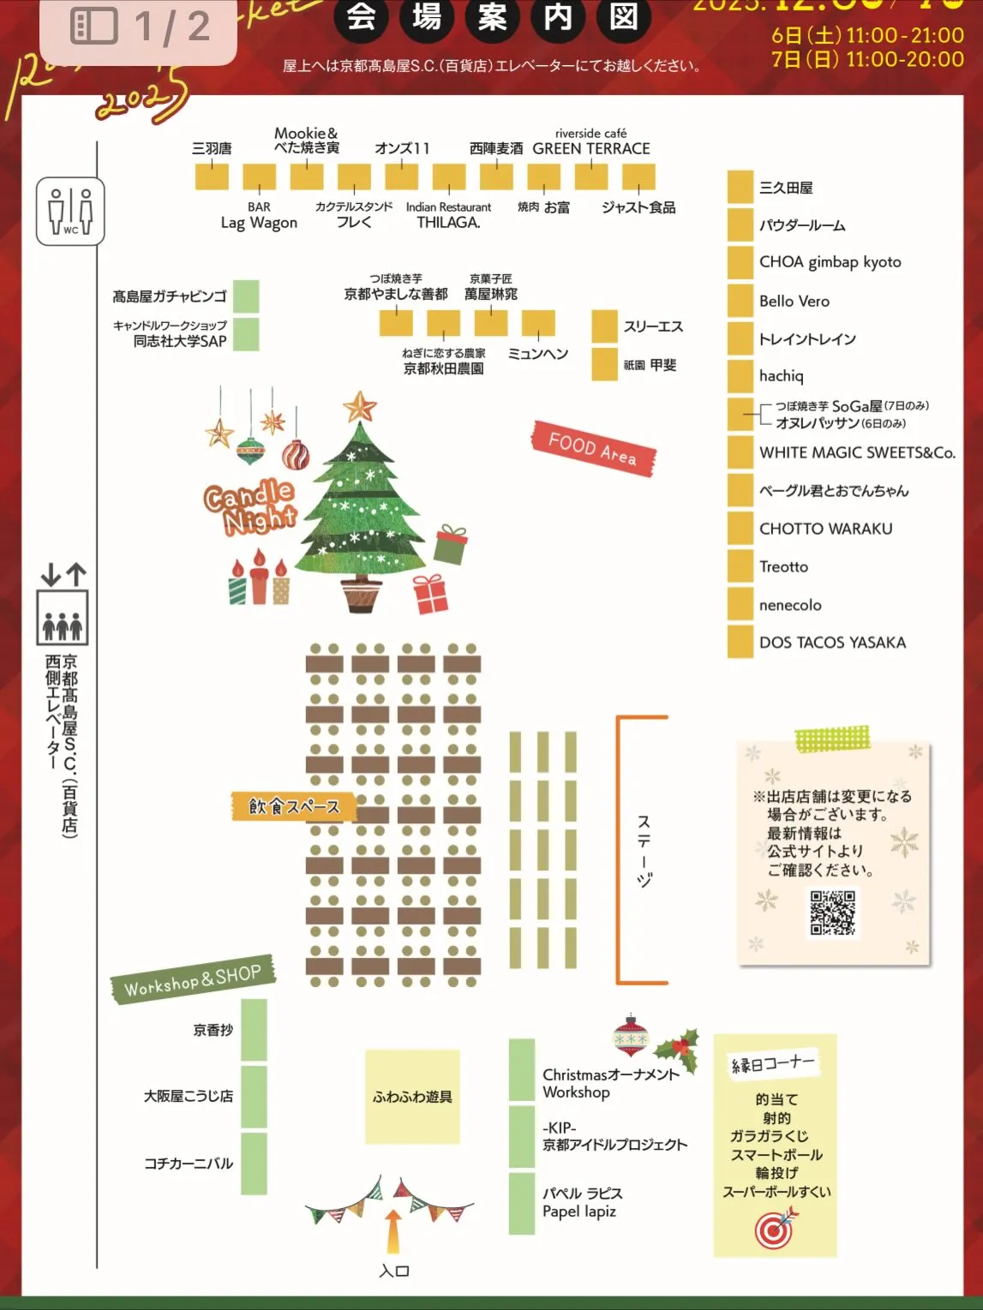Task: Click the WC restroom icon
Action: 70,211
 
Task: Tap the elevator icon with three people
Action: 63,617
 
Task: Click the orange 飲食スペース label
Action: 294,806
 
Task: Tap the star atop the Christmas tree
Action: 360,406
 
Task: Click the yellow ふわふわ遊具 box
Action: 412,1097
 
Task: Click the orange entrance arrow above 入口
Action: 393,1231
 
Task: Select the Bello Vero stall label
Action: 794,302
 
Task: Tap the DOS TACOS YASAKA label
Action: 831,643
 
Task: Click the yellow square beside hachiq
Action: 740,376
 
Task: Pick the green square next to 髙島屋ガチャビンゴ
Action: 246,296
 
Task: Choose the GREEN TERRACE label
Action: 590,148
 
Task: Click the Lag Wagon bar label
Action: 259,223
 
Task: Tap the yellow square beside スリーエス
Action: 604,326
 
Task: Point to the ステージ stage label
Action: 644,850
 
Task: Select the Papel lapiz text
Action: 579,1211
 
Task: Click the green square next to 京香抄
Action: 254,1030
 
